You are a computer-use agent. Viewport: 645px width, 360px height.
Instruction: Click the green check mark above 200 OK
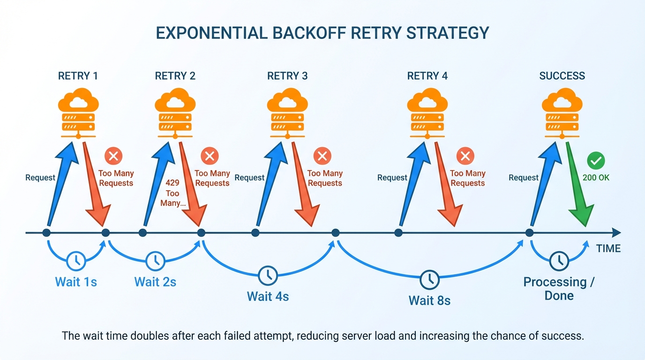coord(596,161)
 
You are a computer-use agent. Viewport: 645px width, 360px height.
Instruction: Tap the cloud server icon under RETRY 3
coord(287,115)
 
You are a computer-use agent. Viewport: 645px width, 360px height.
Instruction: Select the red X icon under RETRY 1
coord(113,156)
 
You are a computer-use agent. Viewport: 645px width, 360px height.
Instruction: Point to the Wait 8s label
coord(429,300)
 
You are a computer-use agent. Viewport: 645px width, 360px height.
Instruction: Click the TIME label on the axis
coord(608,248)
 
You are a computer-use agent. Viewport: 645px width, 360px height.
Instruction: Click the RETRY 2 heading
coord(175,76)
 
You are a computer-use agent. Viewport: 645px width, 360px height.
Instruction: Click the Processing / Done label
coord(558,289)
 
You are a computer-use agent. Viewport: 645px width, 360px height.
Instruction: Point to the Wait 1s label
coord(76,282)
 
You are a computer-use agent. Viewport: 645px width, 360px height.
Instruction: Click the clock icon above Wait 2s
coord(155,261)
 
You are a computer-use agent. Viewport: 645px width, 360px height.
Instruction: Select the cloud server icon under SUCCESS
coord(562,115)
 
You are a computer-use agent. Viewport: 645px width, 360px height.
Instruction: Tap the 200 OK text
coord(596,178)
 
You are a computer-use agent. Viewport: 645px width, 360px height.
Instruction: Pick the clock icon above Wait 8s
coord(429,280)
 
